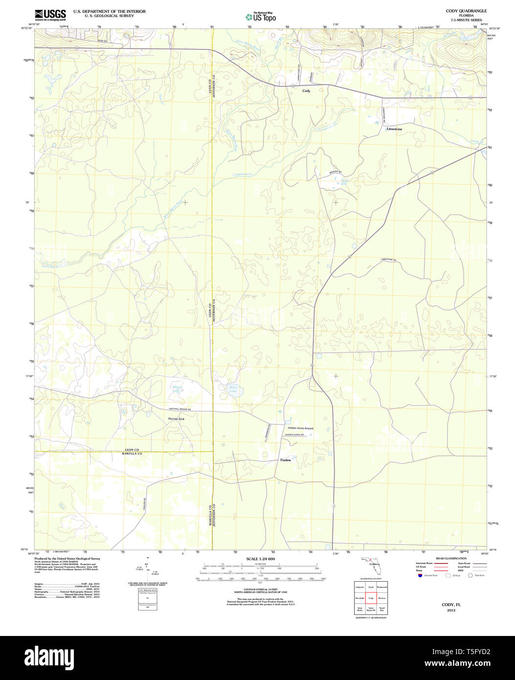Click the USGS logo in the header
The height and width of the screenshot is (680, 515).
coord(50,15)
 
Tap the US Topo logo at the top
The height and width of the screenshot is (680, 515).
coord(261,17)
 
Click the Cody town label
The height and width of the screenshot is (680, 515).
coord(306,91)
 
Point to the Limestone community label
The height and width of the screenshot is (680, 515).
coord(394,129)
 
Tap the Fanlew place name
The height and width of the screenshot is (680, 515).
coord(286,460)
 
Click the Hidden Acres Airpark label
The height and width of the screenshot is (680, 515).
coord(300,429)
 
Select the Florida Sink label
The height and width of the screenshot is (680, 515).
coord(176,419)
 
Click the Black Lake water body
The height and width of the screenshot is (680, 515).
coord(233,389)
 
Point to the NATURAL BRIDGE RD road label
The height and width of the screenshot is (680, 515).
coord(180,409)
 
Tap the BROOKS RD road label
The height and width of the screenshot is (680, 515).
coord(335,172)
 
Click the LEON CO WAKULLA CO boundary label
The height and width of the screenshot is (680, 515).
coord(132,452)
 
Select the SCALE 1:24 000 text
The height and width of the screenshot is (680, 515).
coord(260,559)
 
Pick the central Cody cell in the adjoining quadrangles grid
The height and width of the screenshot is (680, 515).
coord(371,598)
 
